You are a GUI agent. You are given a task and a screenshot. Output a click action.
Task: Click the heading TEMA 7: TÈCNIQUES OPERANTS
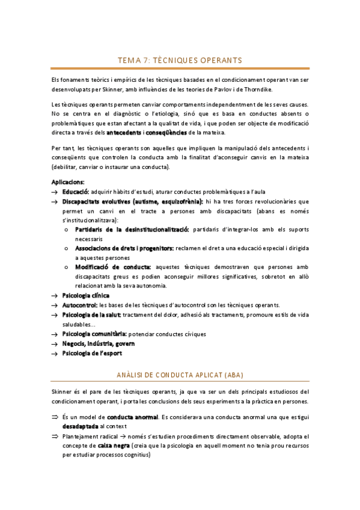[x=180, y=60]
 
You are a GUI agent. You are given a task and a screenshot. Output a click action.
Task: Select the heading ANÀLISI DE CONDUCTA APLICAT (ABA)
[x=180, y=374]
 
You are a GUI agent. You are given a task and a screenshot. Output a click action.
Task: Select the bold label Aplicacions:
[x=68, y=182]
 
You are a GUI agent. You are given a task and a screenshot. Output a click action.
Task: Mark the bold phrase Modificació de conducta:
[x=113, y=266]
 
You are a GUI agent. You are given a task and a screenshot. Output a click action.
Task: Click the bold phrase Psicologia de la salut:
[x=91, y=315]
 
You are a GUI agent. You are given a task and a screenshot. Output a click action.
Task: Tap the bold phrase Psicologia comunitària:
[x=94, y=334]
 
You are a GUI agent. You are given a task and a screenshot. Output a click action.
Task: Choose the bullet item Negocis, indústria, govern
[x=98, y=343]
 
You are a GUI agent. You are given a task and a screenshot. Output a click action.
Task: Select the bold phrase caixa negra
[x=115, y=446]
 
